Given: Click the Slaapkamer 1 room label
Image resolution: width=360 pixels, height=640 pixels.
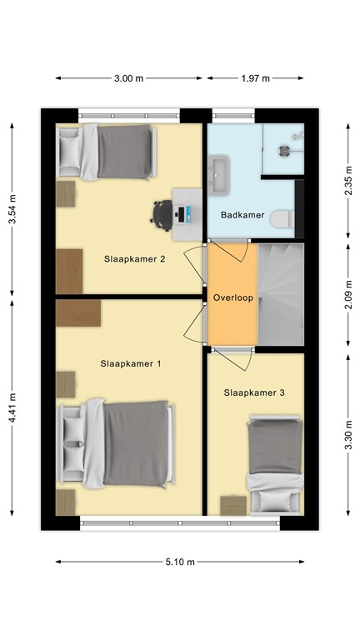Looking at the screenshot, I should (x=130, y=363).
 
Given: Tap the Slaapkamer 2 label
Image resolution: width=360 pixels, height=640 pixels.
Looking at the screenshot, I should (x=134, y=258).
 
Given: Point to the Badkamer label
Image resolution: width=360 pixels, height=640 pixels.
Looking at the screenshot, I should (x=242, y=215).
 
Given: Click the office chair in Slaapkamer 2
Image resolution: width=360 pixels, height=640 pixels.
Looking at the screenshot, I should (x=162, y=214).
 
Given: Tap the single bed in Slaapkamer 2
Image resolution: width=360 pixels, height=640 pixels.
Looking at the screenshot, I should (x=107, y=152).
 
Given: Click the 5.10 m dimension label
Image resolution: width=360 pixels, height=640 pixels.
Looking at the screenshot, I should (x=179, y=562).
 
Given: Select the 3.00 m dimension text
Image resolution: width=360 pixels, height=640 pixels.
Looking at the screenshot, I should (x=129, y=78).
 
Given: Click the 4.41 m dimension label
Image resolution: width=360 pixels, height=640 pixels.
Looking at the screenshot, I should (x=12, y=408).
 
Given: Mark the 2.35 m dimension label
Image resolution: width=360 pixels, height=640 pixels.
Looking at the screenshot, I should (x=348, y=179).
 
